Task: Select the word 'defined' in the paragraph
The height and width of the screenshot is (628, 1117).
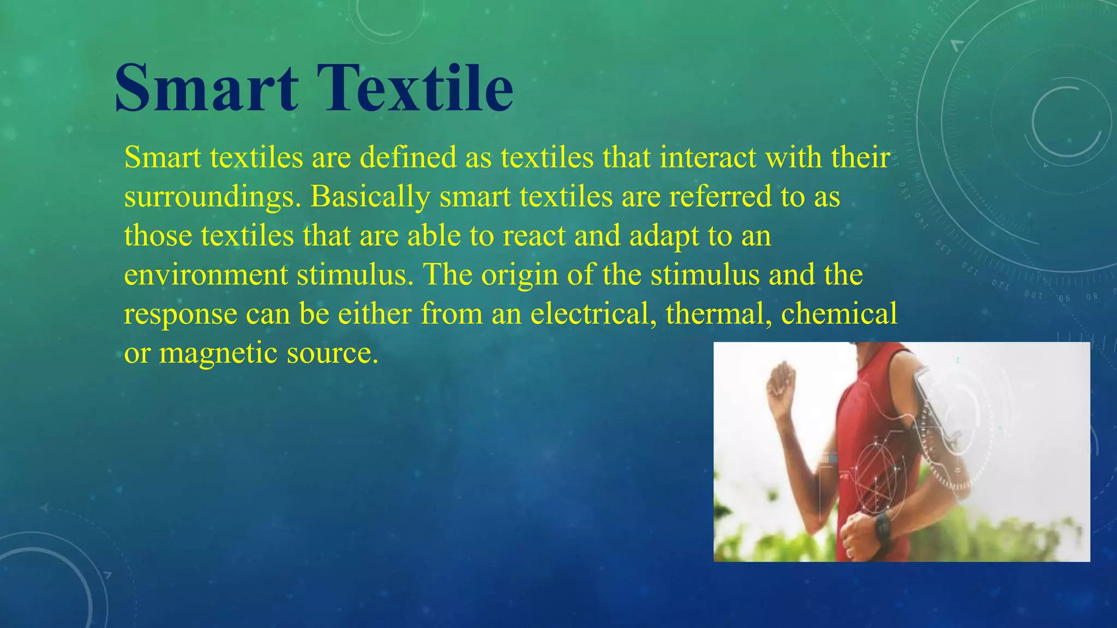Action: pos(407,158)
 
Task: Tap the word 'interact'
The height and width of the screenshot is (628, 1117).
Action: pos(707,158)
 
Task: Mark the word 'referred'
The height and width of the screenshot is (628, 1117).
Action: pos(720,197)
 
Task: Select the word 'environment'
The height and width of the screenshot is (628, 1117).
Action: pos(206,275)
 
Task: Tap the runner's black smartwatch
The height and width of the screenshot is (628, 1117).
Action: pos(882,527)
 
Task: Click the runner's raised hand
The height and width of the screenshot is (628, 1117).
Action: pos(781,384)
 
